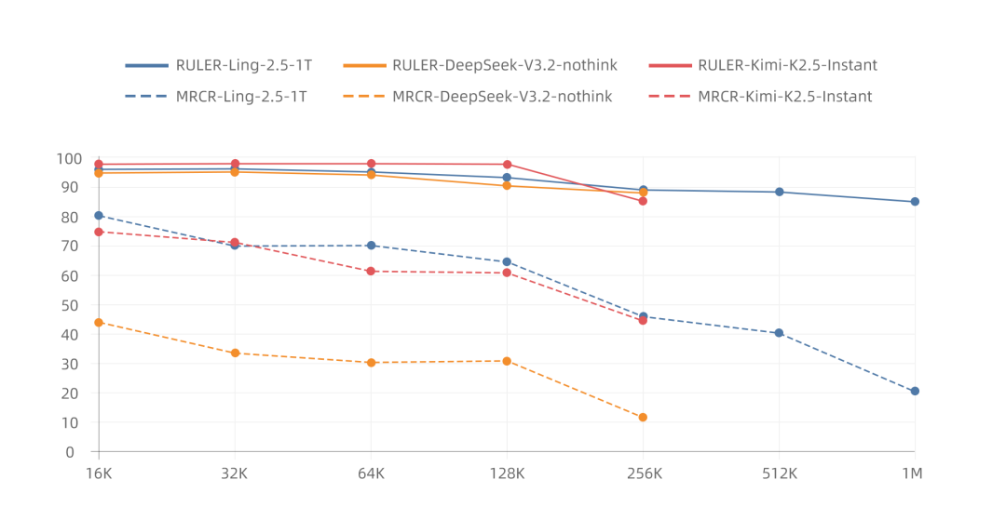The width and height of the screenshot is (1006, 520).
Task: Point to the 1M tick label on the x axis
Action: coord(912,473)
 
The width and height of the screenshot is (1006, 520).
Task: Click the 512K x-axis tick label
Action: coord(779,473)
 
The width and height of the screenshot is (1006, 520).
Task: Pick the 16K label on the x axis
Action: coord(98,473)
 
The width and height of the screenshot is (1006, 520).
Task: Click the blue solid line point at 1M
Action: coord(915,202)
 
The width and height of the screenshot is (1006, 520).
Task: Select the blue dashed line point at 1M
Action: coord(915,392)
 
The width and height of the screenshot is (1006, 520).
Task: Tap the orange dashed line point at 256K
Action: coord(643,418)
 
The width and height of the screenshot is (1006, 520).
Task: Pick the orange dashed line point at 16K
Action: coord(99,323)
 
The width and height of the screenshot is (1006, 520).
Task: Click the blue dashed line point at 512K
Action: coord(779,333)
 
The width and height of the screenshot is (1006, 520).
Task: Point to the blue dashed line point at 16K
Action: coord(99,216)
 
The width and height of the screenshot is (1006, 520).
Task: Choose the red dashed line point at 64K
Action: coord(371,272)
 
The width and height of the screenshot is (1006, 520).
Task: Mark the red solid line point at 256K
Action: coord(643,201)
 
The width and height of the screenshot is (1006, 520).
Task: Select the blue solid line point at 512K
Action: coord(779,192)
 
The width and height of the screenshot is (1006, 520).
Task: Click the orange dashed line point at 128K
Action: coord(507,361)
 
